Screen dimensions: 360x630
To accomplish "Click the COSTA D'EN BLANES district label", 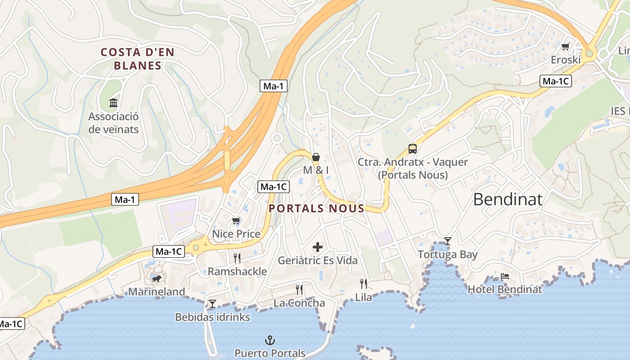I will (x=137, y=59).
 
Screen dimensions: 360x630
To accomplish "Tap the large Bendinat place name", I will (x=508, y=199).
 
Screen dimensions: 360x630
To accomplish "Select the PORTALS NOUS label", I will (x=316, y=208).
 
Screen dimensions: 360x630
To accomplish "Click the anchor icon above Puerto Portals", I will (x=270, y=340).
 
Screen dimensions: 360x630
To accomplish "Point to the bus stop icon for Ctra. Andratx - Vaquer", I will (x=412, y=148).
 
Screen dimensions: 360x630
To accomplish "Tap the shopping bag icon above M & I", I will (x=316, y=157).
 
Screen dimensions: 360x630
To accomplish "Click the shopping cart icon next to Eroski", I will (x=566, y=46).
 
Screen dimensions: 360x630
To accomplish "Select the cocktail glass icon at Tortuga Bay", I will (x=447, y=241).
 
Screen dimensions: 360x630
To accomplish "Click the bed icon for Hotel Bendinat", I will (x=505, y=276).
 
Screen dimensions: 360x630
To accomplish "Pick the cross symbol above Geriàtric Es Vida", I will (x=318, y=247).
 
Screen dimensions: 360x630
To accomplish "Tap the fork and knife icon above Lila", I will (x=364, y=283).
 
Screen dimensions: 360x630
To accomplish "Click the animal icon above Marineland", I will (x=156, y=279).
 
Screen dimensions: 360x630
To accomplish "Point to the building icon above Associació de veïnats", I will (x=113, y=103).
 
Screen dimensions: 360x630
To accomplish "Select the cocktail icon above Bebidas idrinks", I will (x=212, y=304).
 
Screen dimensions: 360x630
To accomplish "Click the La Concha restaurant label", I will (x=299, y=303).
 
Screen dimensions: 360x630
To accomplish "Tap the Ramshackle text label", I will (x=237, y=271).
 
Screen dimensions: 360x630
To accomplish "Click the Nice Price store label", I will (x=236, y=234).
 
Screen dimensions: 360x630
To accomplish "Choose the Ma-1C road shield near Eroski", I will (x=555, y=81).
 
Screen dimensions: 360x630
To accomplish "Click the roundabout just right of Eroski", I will (x=589, y=54).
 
